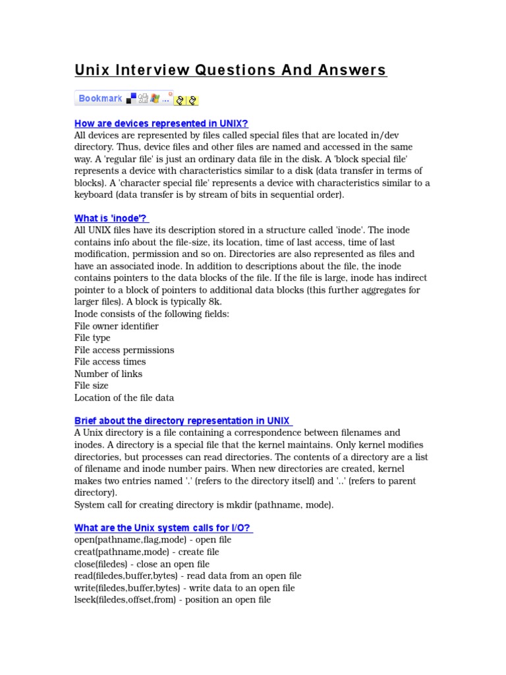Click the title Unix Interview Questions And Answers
point(231,71)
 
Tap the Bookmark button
point(100,99)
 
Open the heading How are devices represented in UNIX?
point(161,123)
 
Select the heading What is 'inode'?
point(111,218)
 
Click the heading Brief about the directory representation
point(183,421)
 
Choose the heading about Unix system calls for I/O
point(163,528)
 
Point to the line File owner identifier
point(117,326)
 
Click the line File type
point(92,338)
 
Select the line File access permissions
point(124,350)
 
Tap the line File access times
point(110,362)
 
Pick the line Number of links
point(108,374)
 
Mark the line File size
point(92,386)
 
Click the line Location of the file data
point(124,397)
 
